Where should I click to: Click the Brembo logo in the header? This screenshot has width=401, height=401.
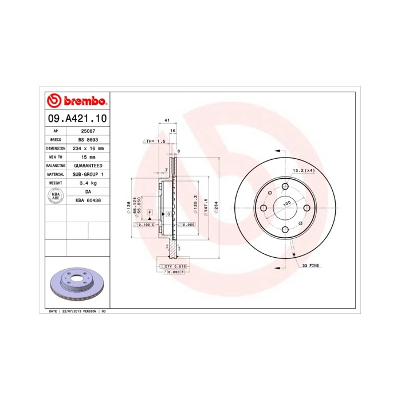[76, 101]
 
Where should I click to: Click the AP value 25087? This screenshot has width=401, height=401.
[88, 131]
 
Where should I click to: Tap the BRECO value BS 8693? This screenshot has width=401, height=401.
[88, 139]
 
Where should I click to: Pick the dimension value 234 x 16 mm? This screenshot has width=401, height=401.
[88, 148]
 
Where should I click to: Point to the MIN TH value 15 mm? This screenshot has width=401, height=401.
[88, 156]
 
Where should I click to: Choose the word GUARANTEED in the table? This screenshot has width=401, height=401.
[88, 165]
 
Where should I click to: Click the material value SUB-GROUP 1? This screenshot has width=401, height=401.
[88, 174]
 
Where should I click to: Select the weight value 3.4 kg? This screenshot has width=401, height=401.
[88, 182]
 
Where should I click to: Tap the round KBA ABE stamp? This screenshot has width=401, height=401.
[56, 196]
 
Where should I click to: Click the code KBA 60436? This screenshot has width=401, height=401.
[88, 200]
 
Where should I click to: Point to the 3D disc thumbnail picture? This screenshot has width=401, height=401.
[76, 285]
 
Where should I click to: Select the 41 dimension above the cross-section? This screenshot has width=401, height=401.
[167, 121]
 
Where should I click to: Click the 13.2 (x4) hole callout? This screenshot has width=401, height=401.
[304, 171]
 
